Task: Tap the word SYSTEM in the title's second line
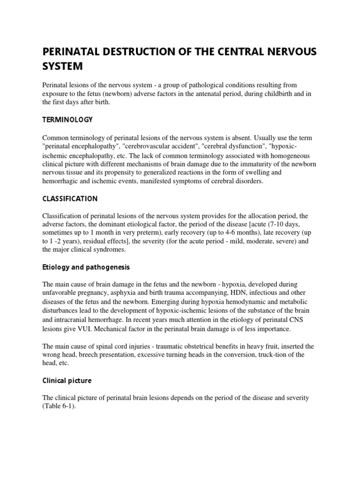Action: [62, 67]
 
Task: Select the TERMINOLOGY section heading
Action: [67, 120]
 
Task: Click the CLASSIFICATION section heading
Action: [70, 198]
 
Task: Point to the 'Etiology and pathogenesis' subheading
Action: [86, 267]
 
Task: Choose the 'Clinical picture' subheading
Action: [67, 381]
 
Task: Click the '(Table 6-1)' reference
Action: [59, 406]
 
